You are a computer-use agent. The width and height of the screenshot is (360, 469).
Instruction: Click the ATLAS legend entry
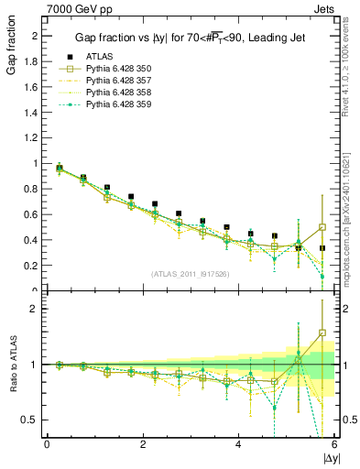point(98,56)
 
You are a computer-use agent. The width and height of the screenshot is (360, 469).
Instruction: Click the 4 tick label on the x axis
point(238,445)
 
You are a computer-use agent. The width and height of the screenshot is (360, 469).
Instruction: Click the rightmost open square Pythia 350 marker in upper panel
point(322,227)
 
